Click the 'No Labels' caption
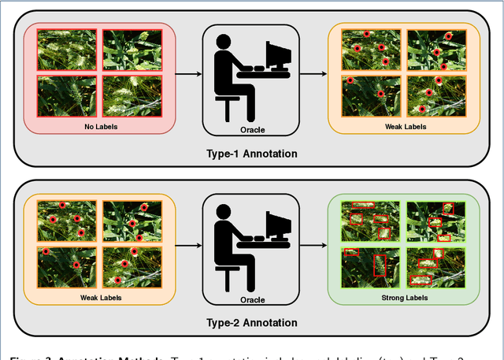(98, 125)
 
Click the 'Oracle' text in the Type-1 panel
(251, 128)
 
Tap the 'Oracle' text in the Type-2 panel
(251, 299)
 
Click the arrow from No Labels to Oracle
(187, 75)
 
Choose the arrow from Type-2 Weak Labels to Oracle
(187, 245)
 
